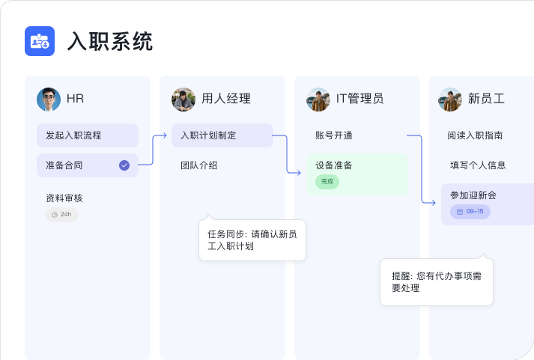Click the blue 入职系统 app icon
pos(40,41)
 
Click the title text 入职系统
pos(110,41)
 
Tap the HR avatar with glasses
pos(49,100)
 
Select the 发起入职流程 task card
pos(88,135)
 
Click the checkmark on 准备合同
pos(124,165)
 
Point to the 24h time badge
pos(62,214)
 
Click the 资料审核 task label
pos(64,198)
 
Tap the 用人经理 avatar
pos(183,100)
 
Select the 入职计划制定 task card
pos(222,135)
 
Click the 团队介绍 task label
pos(199,165)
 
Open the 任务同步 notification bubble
pos(252,240)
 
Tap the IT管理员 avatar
pos(318,100)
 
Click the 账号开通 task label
pos(334,135)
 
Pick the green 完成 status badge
pos(327,181)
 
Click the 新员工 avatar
pos(450,100)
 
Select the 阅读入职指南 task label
pos(475,135)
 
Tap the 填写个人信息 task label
pos(478,165)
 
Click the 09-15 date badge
pos(470,212)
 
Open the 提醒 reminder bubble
pos(437,281)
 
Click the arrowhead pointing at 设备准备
pos(299,173)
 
